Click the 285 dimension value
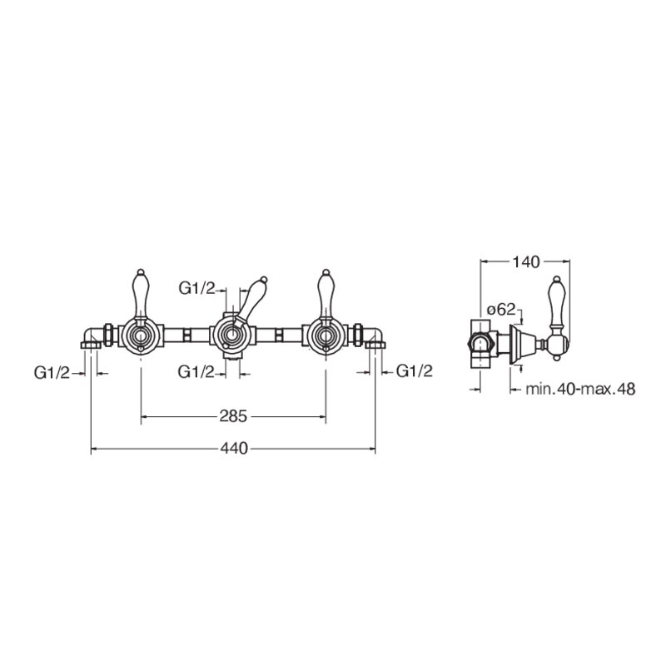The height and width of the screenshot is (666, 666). point(233,415)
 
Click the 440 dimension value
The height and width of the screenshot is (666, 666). point(234,448)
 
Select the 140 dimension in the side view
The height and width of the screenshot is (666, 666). point(525,262)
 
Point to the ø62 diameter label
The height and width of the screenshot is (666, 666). point(501,309)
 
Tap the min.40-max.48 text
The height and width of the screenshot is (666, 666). point(580,389)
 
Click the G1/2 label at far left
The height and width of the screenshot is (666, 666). point(52,373)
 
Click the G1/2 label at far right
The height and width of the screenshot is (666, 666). point(414,371)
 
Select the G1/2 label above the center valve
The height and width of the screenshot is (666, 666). point(196,289)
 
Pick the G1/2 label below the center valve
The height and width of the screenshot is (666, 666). point(196,372)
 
